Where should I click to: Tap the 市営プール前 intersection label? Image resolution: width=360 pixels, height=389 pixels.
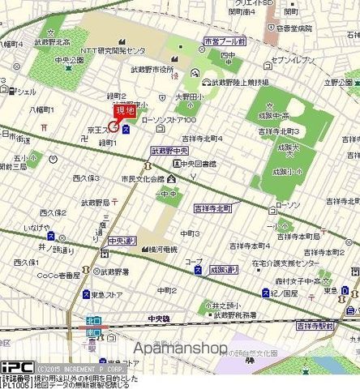225,41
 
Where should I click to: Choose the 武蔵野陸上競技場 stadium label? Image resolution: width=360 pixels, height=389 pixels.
235,81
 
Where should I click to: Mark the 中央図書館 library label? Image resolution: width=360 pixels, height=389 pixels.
198,163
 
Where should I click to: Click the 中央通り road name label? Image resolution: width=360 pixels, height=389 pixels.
122,240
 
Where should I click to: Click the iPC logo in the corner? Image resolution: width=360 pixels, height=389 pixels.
16,366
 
